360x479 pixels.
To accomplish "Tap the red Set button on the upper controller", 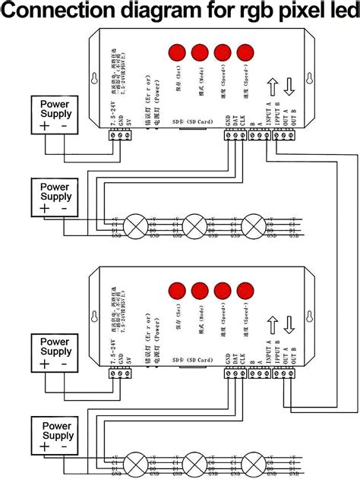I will point(176,52).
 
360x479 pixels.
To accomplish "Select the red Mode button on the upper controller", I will point(200,52).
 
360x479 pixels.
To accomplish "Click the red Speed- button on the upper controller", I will point(245,52).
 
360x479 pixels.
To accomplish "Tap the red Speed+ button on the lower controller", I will point(223,291).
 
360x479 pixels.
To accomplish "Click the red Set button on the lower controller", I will point(176,291).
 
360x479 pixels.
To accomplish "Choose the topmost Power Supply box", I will point(55,115).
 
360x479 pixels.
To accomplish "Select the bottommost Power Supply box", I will point(55,436).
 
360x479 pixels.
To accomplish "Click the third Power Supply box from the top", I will point(55,352).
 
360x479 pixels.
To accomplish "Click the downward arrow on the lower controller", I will point(290,324).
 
